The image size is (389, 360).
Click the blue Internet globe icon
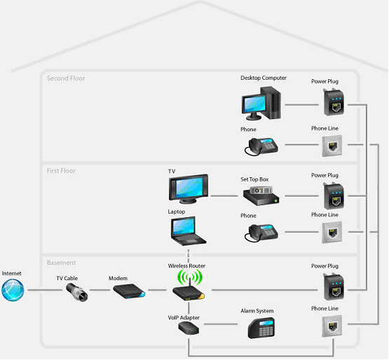[13, 290]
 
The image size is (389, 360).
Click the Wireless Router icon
[187, 287]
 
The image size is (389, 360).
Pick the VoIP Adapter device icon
[187, 328]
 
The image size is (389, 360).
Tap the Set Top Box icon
[261, 195]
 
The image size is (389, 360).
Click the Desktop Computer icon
[262, 102]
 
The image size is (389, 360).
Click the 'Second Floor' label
[66, 78]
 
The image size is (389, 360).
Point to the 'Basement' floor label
[61, 263]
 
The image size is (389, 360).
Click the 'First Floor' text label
[61, 170]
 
